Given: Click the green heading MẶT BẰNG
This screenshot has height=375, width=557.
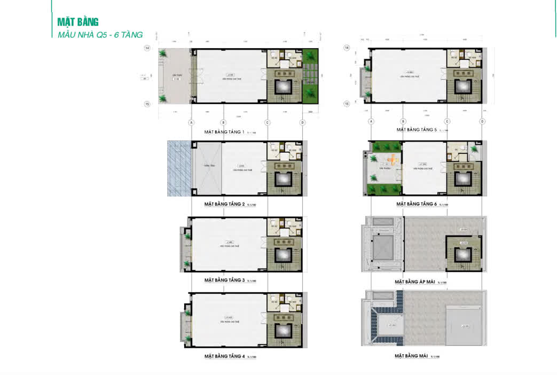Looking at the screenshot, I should click(x=78, y=22).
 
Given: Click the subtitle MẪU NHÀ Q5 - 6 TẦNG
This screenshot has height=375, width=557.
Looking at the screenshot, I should click(x=100, y=35).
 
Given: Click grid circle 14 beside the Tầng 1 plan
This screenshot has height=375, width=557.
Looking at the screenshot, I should click(x=147, y=48).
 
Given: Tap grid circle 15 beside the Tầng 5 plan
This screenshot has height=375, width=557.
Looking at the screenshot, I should click(x=347, y=104).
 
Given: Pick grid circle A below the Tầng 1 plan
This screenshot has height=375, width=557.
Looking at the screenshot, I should click(x=191, y=122).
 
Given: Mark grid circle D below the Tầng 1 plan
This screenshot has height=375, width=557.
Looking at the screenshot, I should click(x=303, y=122).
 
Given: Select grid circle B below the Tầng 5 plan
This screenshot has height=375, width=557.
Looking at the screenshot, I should click(x=403, y=121).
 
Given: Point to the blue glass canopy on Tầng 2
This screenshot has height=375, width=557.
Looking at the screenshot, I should click(x=179, y=168).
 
